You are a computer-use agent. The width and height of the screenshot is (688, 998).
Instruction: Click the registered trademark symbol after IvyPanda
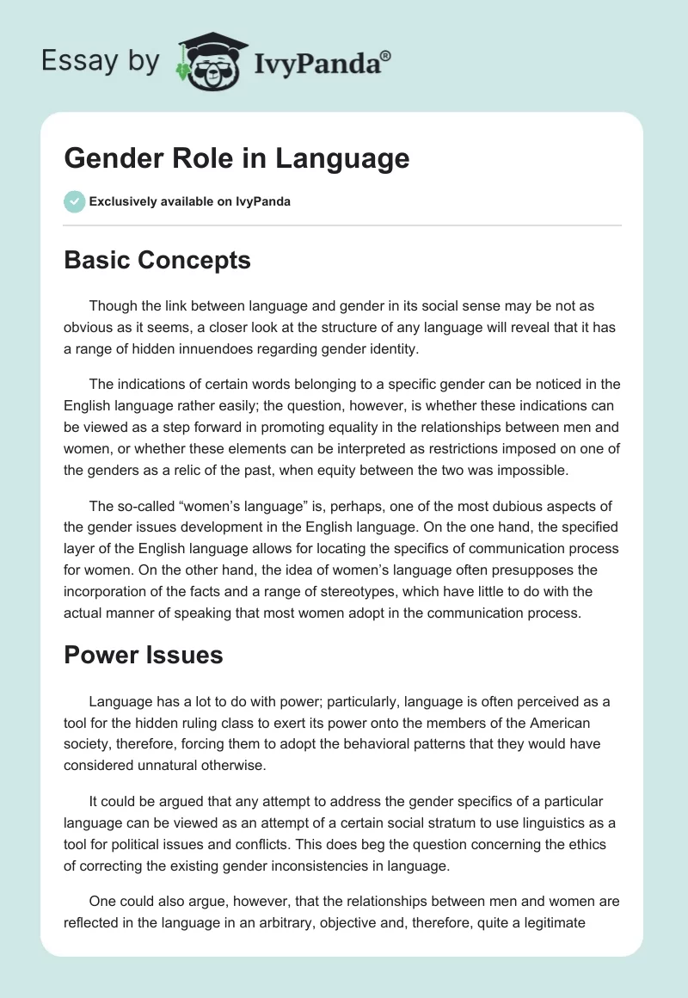tap(386, 55)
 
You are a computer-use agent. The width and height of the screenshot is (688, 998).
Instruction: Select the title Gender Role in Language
tap(236, 158)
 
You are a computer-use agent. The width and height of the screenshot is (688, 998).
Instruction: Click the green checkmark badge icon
tap(74, 201)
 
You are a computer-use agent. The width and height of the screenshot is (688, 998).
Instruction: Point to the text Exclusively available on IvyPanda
tap(190, 201)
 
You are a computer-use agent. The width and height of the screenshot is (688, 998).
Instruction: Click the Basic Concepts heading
tap(157, 260)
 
